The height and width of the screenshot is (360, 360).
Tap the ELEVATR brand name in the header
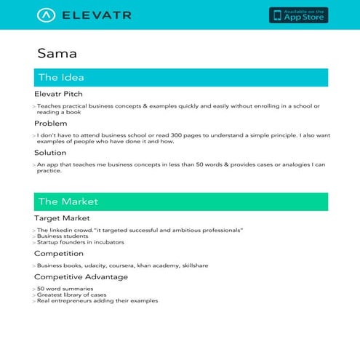[x=97, y=15]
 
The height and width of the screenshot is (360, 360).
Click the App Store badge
[x=298, y=15]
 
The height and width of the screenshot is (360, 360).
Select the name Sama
[x=57, y=53]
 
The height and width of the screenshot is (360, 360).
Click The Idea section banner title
[x=61, y=77]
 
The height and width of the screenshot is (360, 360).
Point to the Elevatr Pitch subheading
[x=58, y=94]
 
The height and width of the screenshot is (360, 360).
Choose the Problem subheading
[x=50, y=124]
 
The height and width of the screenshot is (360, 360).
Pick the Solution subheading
[x=50, y=153]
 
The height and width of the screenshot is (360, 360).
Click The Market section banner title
[x=68, y=201]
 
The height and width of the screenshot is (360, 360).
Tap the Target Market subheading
[x=62, y=217]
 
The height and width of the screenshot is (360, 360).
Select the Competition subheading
[x=59, y=253]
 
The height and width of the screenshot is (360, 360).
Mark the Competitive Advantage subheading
[x=81, y=276]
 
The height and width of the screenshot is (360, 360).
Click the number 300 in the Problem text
[x=154, y=135]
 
